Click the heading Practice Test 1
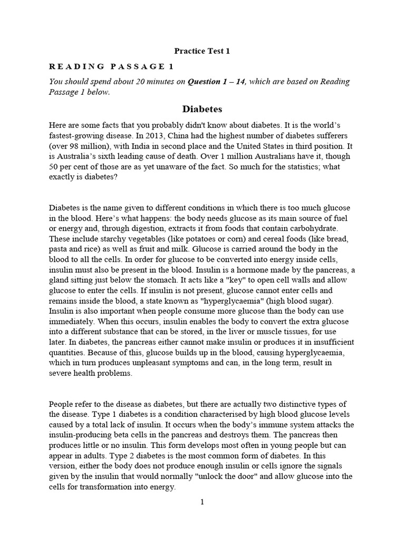click(x=202, y=51)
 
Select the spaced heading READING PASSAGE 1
click(x=111, y=66)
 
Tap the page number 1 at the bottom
click(x=201, y=502)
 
